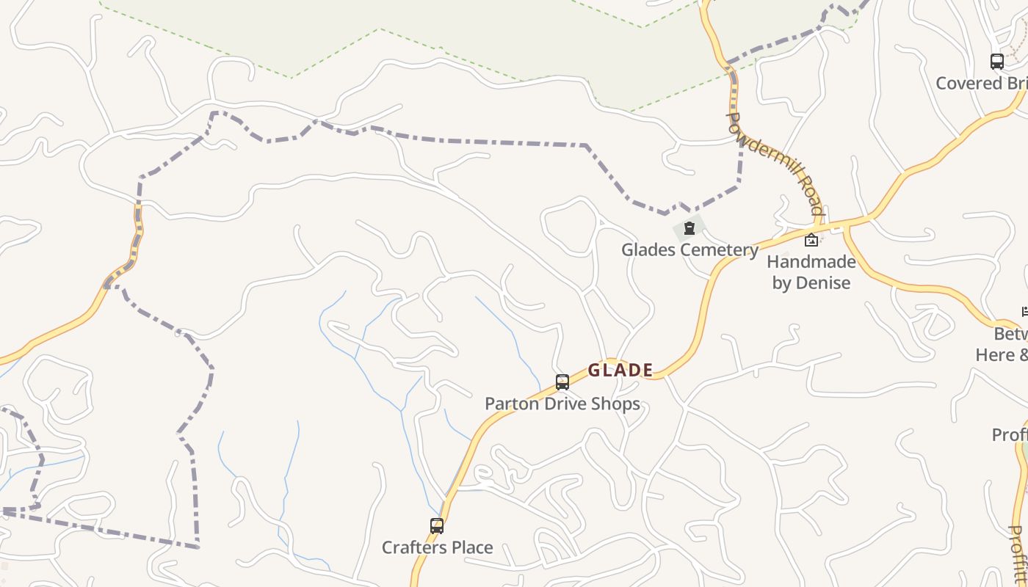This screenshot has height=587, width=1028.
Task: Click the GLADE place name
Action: [x=620, y=370]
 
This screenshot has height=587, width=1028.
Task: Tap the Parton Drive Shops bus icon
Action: [x=562, y=382]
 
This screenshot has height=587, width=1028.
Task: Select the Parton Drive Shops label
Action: [x=562, y=404]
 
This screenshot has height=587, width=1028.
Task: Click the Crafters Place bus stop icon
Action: [x=437, y=526]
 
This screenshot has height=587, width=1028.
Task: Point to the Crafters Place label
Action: [x=437, y=547]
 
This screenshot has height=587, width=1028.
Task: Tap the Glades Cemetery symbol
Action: [x=689, y=229]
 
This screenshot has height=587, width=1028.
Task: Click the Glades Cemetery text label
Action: [x=689, y=249]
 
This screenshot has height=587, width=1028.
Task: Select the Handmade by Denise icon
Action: [x=811, y=240]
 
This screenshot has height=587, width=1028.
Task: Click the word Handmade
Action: [x=811, y=262]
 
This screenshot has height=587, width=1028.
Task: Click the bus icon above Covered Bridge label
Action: [x=996, y=62]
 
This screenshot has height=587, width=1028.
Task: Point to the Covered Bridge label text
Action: [x=981, y=83]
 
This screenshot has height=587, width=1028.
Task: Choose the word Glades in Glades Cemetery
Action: [x=647, y=249]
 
